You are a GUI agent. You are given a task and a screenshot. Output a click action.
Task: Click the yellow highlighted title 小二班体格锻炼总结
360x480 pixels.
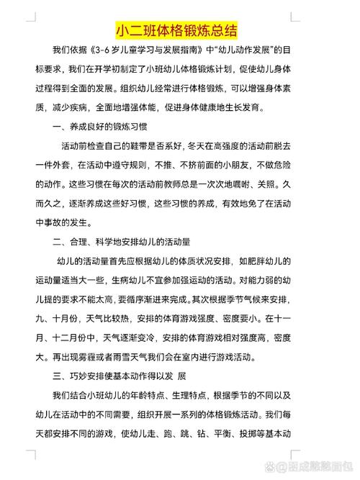pos(176,31)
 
